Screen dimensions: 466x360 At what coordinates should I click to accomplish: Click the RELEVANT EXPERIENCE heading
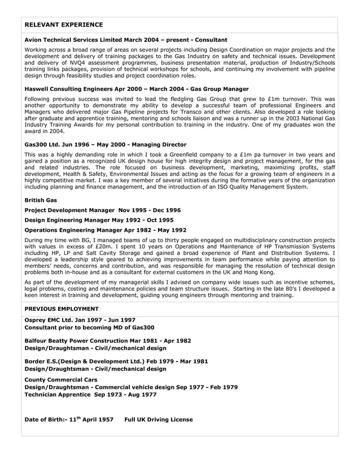64,25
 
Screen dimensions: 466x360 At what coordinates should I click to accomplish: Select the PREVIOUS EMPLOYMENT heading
62,309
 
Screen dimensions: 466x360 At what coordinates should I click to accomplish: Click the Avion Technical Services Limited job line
126,40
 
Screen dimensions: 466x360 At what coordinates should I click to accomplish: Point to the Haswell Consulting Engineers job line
137,89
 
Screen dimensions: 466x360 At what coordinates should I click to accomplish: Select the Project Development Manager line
103,210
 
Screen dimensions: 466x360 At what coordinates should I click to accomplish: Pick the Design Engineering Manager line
99,219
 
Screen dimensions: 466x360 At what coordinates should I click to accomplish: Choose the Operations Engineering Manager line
106,230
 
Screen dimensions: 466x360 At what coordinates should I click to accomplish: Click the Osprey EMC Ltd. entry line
81,320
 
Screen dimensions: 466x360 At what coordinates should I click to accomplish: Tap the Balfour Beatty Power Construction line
108,341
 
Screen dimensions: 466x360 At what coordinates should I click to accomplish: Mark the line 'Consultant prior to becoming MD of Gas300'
90,327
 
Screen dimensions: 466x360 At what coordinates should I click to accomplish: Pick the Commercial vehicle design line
131,387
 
